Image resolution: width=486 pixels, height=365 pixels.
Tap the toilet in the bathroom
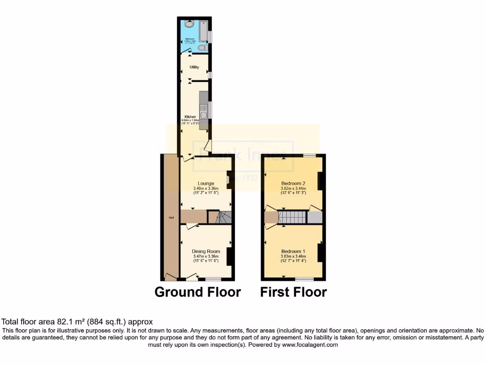201,48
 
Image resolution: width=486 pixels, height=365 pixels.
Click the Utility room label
194,67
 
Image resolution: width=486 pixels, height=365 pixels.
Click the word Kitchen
190,116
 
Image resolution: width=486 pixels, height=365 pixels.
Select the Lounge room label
206,183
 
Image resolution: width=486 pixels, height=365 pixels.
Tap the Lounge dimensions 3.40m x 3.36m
206,189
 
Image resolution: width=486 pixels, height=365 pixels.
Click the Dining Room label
206,251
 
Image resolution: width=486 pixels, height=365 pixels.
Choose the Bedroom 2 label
293,183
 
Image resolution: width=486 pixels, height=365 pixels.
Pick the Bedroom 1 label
293,251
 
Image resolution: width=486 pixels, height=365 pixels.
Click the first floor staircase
291,218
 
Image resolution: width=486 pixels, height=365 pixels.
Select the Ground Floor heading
197,292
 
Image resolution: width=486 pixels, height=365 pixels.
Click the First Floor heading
293,292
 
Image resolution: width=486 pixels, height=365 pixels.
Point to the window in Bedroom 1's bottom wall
304,279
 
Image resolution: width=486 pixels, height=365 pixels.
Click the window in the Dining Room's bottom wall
213,279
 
